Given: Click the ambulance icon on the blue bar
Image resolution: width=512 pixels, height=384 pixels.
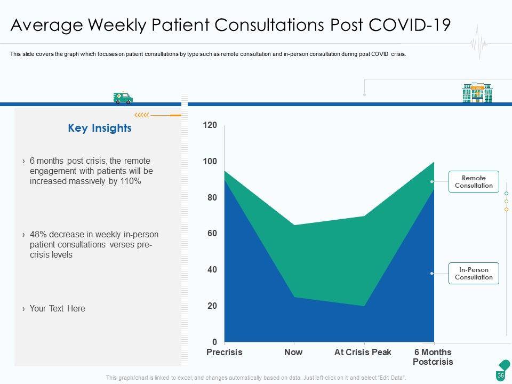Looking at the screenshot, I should point(123,98).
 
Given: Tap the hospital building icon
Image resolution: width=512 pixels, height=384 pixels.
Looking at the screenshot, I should point(477,92).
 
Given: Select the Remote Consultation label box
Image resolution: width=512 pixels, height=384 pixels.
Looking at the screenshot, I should point(474,182).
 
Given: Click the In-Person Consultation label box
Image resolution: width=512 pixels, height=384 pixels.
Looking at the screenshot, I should point(474,274).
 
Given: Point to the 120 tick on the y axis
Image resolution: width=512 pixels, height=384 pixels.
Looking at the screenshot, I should point(210,125).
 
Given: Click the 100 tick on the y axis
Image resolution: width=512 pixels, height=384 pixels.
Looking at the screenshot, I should point(210,162).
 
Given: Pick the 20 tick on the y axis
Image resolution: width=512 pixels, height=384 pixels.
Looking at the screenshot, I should point(212,306).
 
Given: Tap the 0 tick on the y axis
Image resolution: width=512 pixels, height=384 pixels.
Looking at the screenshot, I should point(214,342).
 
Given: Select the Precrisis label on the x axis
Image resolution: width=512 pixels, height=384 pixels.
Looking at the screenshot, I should point(224,353).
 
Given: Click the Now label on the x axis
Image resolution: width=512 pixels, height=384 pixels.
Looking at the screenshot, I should point(293,353).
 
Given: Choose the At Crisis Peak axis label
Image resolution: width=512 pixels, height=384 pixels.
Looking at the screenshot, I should point(363,353).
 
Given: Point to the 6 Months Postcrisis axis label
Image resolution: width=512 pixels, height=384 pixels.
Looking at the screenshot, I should point(433,357).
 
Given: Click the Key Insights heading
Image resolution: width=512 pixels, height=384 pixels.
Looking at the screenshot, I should point(100,129).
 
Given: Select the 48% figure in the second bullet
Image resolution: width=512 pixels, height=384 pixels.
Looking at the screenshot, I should point(38,235).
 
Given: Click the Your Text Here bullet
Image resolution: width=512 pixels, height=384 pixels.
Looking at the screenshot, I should point(57,309).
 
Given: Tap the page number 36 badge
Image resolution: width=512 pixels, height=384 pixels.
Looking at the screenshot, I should point(501,375).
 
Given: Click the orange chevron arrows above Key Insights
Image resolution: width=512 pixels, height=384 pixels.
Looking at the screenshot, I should point(141,115).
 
